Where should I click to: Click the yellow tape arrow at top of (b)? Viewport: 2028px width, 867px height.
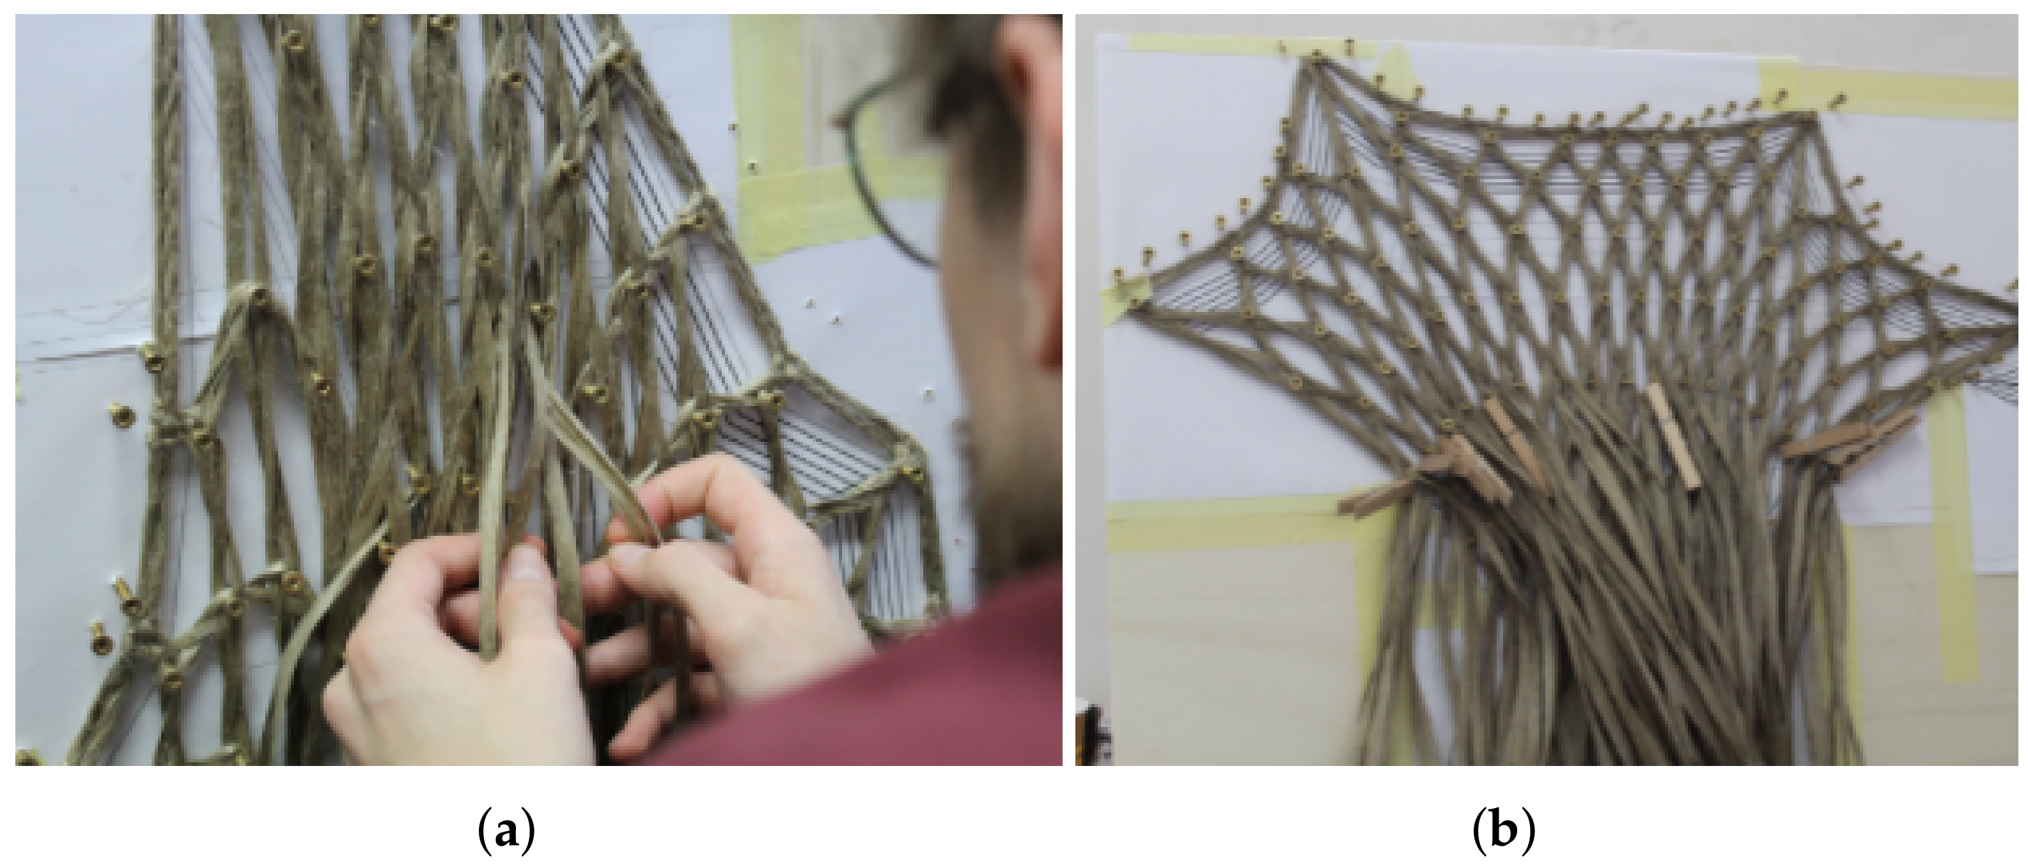coord(1394,67)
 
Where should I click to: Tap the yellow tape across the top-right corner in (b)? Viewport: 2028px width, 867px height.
coord(1889,91)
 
